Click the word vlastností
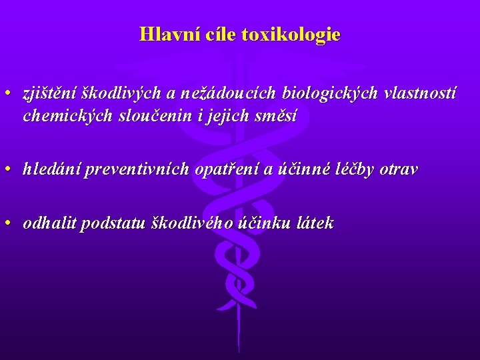tap(421, 95)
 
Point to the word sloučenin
tap(141, 116)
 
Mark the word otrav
tap(399, 169)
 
